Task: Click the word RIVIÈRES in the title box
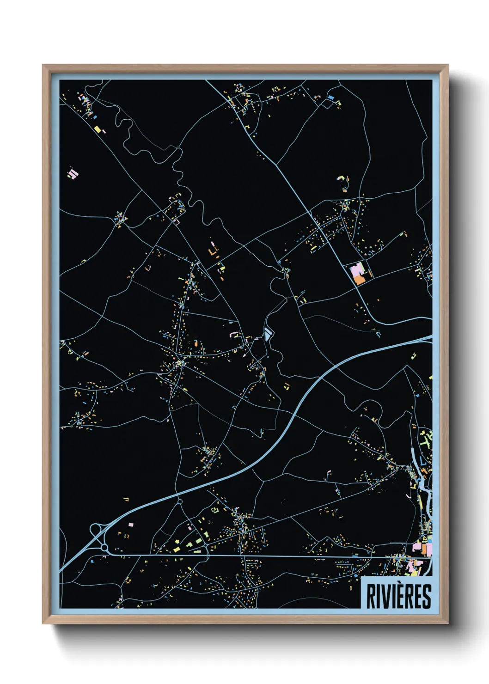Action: point(398,596)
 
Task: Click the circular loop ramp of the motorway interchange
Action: point(96,530)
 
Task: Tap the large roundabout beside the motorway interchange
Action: point(105,548)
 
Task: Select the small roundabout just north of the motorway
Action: point(180,501)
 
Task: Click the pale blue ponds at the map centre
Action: point(268,332)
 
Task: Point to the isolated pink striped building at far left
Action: point(73,174)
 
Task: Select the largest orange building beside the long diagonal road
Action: point(359,279)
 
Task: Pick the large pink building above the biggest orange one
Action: point(357,269)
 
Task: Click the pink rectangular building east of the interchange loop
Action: point(131,525)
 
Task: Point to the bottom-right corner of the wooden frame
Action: point(447,623)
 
